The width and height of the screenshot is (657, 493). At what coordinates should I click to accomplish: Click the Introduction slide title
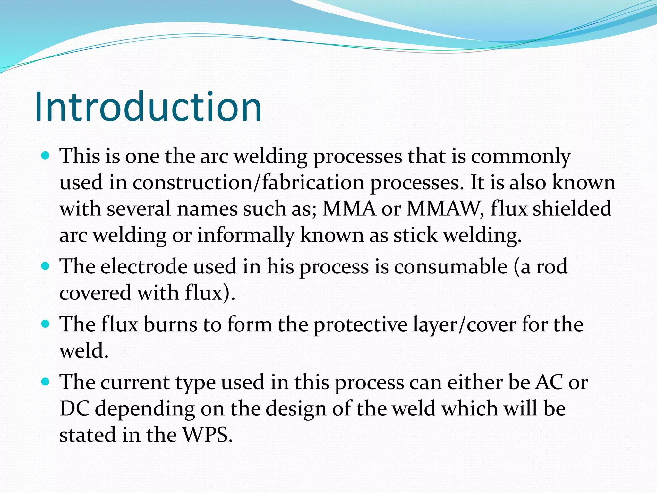click(x=148, y=107)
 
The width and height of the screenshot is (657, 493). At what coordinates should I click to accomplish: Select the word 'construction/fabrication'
click(x=248, y=183)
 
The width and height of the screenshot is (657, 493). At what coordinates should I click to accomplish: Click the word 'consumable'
click(x=450, y=267)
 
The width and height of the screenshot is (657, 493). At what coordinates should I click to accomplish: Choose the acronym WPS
click(x=207, y=435)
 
